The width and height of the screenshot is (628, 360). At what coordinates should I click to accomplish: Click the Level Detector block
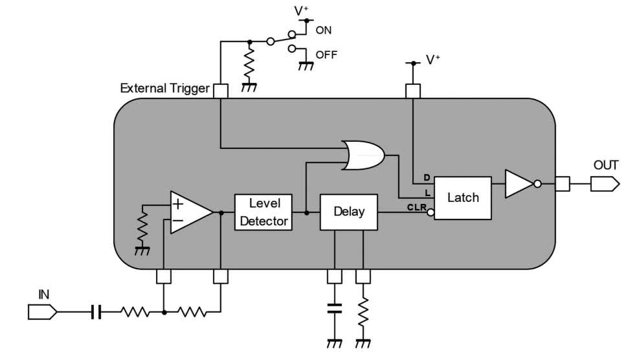click(264, 212)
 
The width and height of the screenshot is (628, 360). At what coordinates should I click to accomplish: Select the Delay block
click(349, 212)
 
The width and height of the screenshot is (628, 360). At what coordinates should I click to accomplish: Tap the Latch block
click(463, 197)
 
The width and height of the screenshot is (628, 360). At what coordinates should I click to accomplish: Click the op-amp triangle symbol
click(190, 212)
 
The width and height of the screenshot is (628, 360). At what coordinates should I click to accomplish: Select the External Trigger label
click(164, 88)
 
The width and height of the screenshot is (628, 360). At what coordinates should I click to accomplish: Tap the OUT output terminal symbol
click(605, 185)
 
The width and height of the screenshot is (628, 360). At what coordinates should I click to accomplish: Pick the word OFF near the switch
click(326, 54)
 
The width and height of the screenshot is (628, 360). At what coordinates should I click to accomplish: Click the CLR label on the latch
click(416, 207)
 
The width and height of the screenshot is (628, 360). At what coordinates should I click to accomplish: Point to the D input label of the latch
click(426, 177)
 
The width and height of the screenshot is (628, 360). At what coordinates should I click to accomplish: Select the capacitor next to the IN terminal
click(96, 313)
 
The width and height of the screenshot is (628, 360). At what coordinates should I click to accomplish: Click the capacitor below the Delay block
click(335, 307)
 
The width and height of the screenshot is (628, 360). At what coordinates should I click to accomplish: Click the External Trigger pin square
click(221, 91)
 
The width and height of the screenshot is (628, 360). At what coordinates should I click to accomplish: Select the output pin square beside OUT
click(562, 185)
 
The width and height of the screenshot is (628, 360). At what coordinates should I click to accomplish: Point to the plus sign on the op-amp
click(177, 203)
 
